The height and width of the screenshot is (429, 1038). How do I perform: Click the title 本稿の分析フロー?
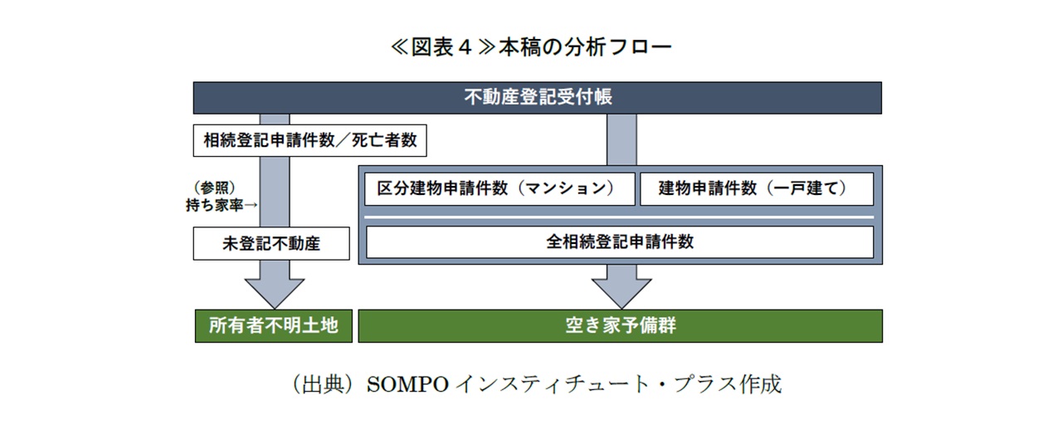coord(585,47)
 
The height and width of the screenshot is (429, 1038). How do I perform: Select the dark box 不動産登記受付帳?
coord(538,98)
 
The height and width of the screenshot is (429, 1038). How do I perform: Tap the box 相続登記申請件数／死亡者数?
coord(310,140)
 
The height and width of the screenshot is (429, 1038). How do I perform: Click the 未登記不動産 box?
coord(271,243)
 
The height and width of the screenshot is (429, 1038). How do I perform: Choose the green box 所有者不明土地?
coord(274,325)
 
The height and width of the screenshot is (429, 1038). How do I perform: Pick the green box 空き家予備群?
coord(621,325)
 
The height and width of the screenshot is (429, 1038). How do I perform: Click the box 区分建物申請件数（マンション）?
coord(500,188)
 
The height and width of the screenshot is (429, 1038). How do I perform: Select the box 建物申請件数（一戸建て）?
coord(757,188)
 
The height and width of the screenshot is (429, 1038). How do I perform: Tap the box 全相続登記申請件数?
coord(620,241)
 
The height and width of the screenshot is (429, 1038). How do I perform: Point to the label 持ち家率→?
coord(222,205)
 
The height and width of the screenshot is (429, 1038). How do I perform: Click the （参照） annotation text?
coord(215,188)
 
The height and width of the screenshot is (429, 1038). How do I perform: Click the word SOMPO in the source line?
coord(407,384)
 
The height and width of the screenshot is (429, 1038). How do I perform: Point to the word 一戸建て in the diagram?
coord(807,188)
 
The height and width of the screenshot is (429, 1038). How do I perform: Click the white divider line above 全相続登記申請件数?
coord(619,217)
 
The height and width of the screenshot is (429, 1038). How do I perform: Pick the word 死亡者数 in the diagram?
coord(384,140)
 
